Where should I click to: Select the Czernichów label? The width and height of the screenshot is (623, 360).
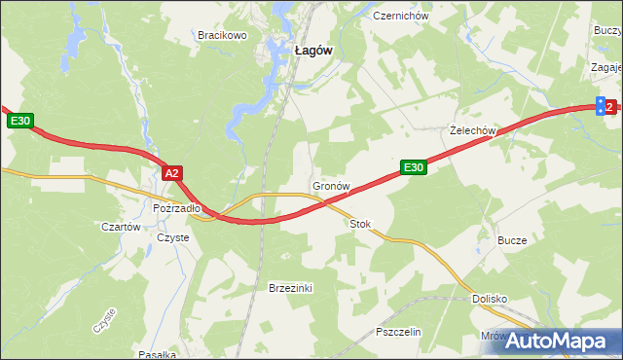[400, 17]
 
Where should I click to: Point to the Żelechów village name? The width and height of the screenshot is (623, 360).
[474, 130]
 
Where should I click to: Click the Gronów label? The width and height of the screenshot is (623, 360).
[331, 185]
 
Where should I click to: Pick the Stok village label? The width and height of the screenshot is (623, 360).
[360, 224]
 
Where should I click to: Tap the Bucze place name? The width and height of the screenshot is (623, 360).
[512, 240]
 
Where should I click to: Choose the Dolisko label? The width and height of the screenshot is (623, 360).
[492, 300]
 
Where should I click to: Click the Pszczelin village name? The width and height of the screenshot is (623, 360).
[397, 332]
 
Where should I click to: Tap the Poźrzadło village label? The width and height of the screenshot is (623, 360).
[176, 207]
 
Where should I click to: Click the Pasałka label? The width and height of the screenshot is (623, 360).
[156, 354]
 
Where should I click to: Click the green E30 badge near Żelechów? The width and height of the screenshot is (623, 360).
[413, 168]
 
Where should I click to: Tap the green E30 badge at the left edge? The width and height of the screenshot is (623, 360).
[21, 121]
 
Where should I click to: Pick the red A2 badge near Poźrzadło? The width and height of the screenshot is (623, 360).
[171, 173]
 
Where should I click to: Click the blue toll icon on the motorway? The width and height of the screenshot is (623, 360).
[601, 106]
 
